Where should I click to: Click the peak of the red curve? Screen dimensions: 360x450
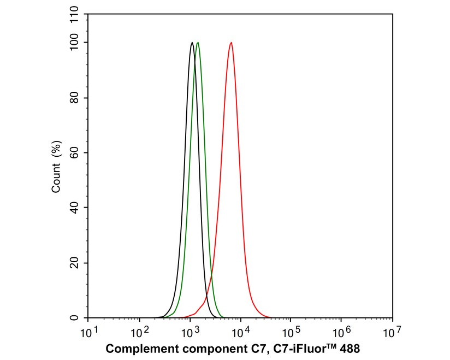pos(231,43)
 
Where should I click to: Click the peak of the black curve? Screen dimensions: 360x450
pos(192,43)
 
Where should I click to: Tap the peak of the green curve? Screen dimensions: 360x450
pos(197,43)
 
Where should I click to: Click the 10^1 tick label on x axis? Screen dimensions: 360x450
pos(88,331)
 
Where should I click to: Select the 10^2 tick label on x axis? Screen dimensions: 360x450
pos(139,331)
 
